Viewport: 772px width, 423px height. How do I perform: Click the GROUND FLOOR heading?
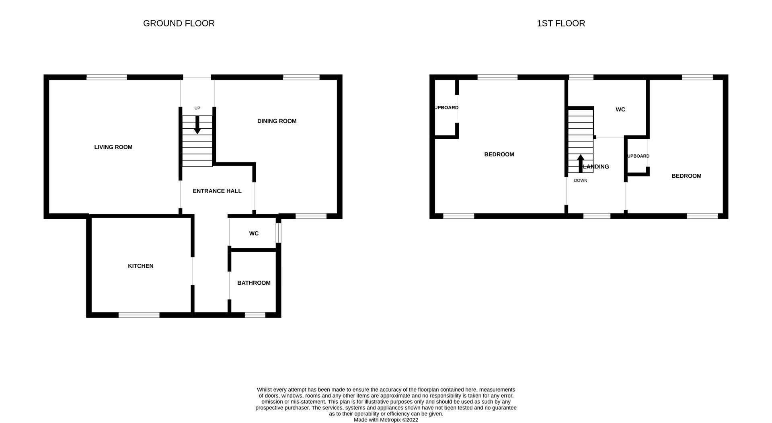click(179, 23)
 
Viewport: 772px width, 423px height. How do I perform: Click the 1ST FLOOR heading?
click(561, 23)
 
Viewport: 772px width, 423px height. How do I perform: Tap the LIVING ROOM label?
click(113, 147)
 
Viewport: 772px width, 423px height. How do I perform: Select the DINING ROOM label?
click(277, 121)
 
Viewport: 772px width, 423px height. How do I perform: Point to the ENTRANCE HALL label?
click(217, 191)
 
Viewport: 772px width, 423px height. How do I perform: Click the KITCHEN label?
click(141, 266)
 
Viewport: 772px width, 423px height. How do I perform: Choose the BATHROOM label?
click(254, 283)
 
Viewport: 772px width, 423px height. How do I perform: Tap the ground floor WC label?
click(254, 234)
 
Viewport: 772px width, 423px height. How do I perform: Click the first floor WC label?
click(620, 110)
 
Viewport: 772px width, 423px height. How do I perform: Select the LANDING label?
click(596, 167)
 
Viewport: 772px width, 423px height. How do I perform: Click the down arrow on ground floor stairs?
click(197, 125)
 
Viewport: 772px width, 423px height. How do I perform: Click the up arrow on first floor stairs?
click(581, 163)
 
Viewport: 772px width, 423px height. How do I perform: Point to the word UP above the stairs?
click(197, 108)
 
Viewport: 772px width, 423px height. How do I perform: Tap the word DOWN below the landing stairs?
click(581, 181)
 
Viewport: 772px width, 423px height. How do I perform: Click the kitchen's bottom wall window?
click(139, 315)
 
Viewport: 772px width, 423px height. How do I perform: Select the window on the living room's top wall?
click(107, 77)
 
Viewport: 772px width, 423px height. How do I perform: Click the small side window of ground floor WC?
click(278, 233)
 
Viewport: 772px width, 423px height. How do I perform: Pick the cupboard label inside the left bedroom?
click(446, 108)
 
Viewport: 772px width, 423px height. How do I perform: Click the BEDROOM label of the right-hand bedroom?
click(686, 176)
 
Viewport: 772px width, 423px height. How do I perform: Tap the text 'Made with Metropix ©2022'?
click(386, 420)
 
